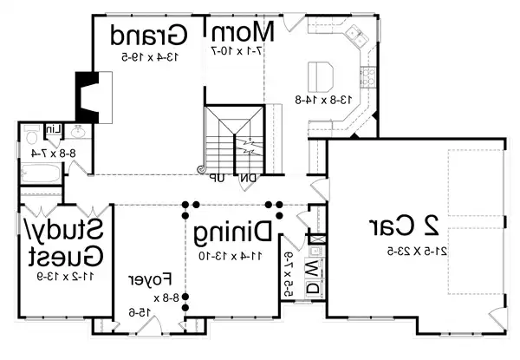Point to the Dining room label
[232, 232]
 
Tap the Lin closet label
[54, 130]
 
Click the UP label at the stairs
[216, 178]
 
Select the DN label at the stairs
[246, 178]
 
